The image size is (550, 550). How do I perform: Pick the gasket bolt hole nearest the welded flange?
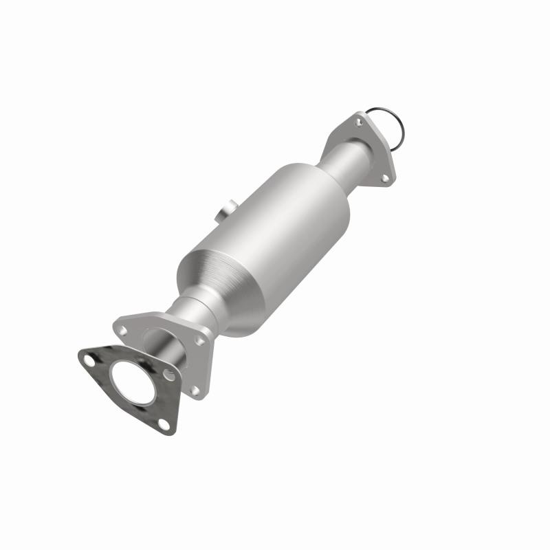tap(169, 374)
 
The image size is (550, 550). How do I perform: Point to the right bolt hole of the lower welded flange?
tap(201, 340)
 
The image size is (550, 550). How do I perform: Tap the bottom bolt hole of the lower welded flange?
tap(194, 390)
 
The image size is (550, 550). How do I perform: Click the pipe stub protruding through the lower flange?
tap(165, 344)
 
